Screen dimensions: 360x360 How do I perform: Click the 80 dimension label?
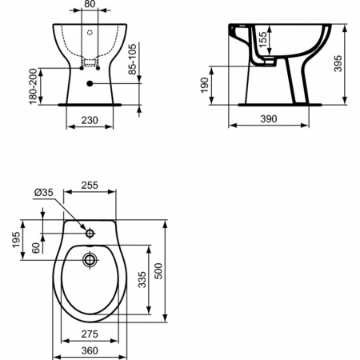[90, 4]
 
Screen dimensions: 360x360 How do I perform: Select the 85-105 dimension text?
[132, 59]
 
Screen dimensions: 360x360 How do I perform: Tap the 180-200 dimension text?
[33, 86]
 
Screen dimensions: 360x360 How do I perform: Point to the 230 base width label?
[90, 120]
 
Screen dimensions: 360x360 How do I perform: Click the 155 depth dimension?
[262, 39]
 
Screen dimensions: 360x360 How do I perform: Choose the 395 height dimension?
[338, 63]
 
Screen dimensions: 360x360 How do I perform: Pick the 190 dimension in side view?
[205, 85]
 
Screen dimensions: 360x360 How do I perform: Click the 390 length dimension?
[269, 119]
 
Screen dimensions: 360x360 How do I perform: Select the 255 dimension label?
[90, 185]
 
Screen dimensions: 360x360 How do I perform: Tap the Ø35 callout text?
[44, 192]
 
